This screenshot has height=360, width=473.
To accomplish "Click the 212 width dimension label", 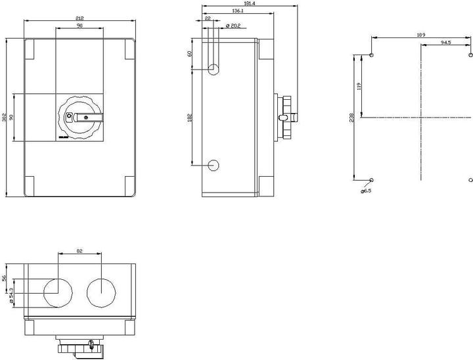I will click(79, 19).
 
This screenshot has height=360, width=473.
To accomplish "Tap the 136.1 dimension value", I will click(238, 11).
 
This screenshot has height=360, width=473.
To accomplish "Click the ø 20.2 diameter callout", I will click(233, 26).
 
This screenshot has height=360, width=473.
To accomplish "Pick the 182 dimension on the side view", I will click(190, 118).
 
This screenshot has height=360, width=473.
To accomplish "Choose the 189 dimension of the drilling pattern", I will click(421, 34).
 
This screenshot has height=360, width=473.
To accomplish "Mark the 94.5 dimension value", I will click(445, 43).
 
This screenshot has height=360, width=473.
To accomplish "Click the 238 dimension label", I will click(352, 117).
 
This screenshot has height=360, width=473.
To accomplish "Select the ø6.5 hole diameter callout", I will click(366, 191).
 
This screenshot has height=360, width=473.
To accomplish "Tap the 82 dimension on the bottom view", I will click(79, 250).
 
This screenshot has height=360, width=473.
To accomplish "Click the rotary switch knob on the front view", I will click(81, 118).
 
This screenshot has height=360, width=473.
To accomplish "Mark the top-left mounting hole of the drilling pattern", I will click(372, 55).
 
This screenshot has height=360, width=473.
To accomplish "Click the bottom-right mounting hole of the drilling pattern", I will click(471, 179).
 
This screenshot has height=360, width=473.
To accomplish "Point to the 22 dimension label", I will click(208, 18).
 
